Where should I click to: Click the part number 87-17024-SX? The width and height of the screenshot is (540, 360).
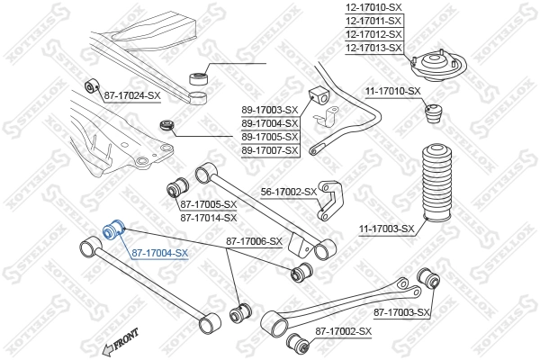click(133, 94)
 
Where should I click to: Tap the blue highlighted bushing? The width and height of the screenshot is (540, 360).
click(114, 230)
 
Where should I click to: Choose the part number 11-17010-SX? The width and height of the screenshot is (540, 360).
click(392, 91)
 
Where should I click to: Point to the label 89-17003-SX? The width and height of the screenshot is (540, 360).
click(269, 110)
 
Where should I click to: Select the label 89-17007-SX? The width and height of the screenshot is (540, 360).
click(269, 149)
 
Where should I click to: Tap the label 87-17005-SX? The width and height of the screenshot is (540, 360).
click(208, 204)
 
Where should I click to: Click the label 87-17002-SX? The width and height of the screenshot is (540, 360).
click(343, 332)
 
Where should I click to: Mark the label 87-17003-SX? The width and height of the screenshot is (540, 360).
click(402, 312)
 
